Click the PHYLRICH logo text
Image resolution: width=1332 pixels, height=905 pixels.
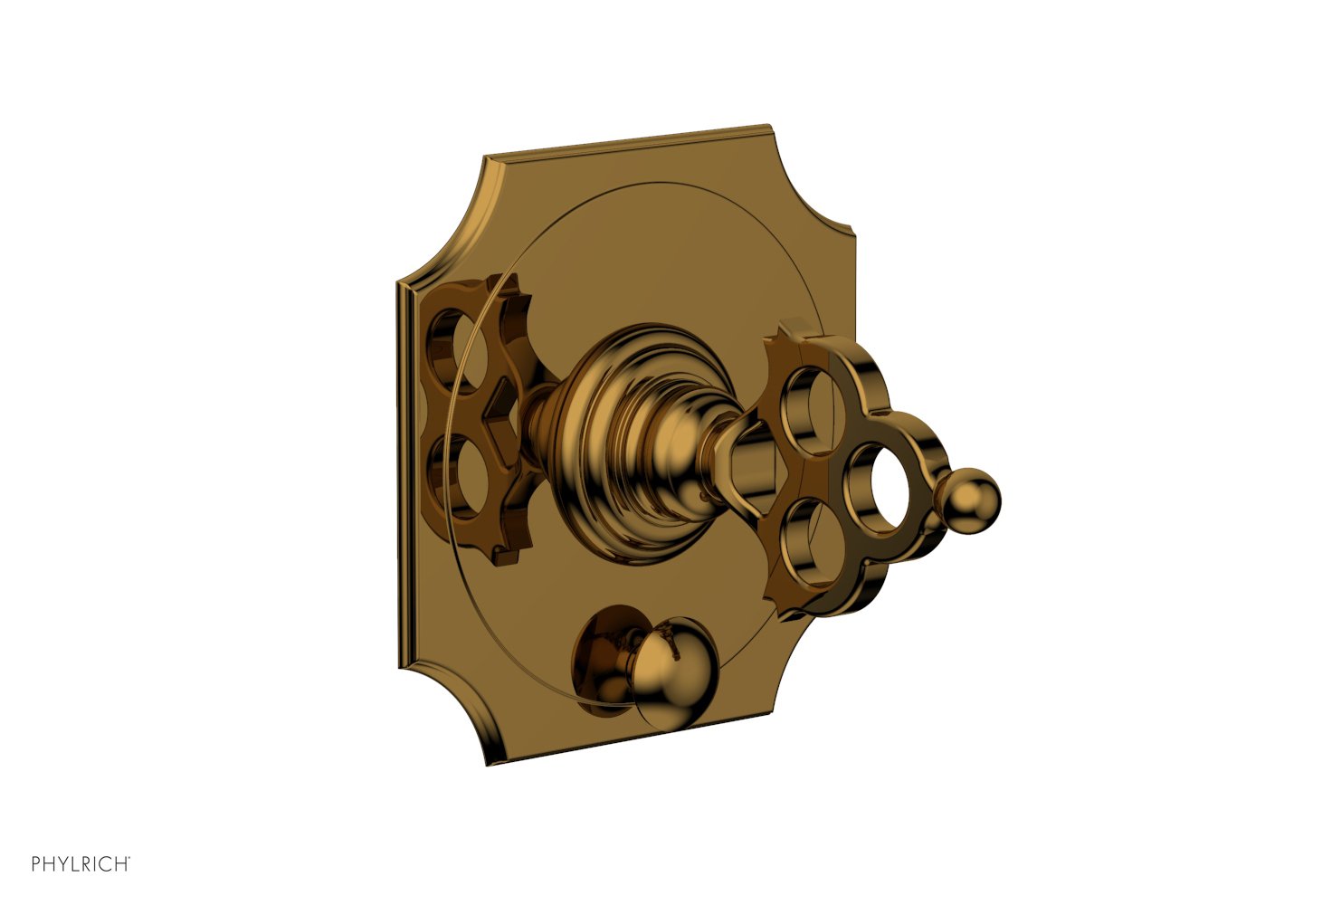pyautogui.click(x=81, y=864)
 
